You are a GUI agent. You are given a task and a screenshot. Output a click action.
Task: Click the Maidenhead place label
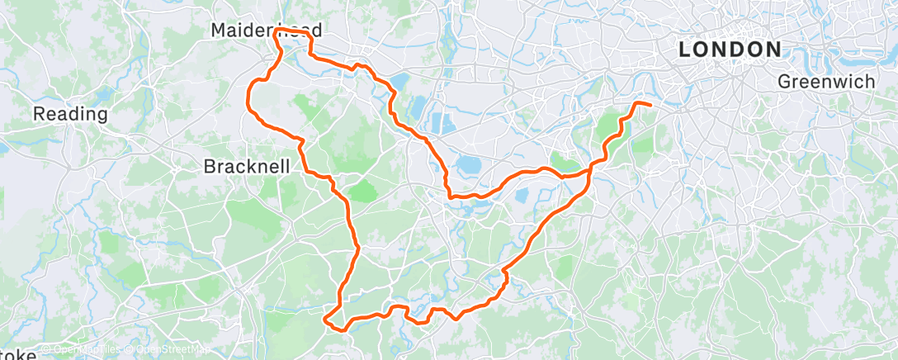[x=266, y=30]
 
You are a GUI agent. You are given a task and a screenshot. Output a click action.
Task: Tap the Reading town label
[x=70, y=114]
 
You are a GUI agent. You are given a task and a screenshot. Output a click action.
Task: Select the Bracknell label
[x=246, y=166]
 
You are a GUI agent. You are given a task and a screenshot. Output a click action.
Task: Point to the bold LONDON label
[x=730, y=50]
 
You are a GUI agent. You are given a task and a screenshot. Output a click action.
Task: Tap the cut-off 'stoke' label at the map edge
[x=18, y=354]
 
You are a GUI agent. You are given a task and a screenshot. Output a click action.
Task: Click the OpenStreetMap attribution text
[x=167, y=350]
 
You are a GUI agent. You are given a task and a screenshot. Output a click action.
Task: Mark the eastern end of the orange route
[x=651, y=106]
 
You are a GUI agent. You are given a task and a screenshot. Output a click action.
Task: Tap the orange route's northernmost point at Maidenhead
[x=281, y=29]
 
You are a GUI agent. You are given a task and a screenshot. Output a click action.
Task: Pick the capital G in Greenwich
[x=785, y=81]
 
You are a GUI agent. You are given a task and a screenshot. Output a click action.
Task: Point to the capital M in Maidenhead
[x=218, y=30]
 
